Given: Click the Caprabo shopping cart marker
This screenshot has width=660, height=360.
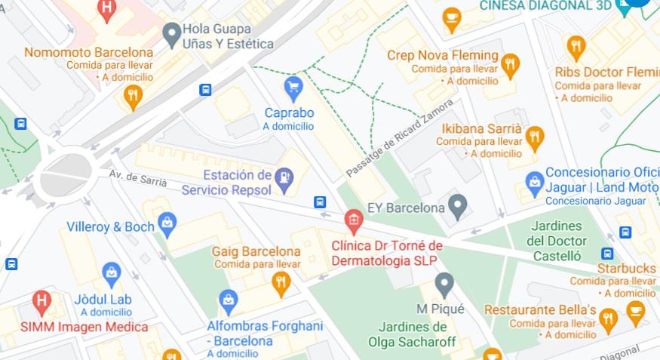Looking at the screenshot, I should click(x=293, y=87).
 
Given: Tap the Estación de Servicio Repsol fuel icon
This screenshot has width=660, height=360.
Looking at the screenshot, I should click(x=284, y=178).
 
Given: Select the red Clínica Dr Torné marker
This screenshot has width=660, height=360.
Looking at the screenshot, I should click(x=352, y=220).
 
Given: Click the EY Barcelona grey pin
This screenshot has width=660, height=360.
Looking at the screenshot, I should click(x=457, y=204).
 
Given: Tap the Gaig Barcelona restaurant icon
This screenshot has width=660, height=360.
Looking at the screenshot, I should click(x=281, y=283).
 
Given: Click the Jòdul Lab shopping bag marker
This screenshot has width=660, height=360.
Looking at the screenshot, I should click(x=112, y=273).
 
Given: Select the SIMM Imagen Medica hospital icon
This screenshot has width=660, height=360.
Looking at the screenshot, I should click(x=42, y=302).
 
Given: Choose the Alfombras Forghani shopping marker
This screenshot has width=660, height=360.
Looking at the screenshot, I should click(x=228, y=301).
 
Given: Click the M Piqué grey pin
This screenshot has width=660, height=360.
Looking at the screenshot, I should click(x=444, y=284).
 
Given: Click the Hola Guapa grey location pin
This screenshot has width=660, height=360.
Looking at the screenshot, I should click(x=172, y=32).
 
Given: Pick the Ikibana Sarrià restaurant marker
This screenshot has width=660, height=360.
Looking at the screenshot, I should click(x=534, y=137).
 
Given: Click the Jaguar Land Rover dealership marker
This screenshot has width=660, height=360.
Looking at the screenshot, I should click(x=534, y=182).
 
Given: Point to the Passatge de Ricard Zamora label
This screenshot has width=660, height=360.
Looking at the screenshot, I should click(x=399, y=138).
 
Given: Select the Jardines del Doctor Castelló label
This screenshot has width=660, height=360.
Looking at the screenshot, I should click(x=556, y=242).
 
